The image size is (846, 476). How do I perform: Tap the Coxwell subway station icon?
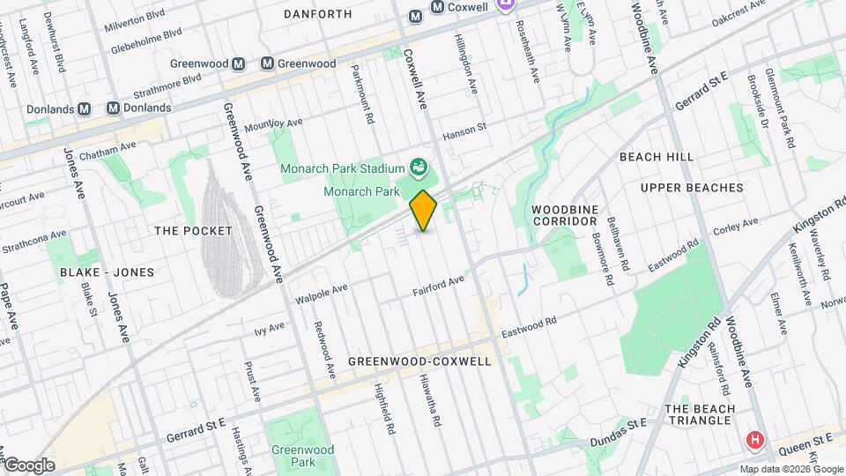coord(437,7)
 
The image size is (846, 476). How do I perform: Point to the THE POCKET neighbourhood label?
coord(193,231)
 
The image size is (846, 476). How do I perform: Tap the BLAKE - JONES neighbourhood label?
coord(107,272)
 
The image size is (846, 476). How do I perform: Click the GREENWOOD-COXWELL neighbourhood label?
coord(419,361)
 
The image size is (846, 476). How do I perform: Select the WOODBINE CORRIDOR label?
coord(565,215)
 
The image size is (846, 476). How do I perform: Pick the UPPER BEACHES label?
coord(692,188)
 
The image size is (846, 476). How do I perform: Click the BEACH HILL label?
coord(656,156)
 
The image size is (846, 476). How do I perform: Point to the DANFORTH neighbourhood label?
coord(318,14)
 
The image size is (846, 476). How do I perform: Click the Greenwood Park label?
coord(292,455)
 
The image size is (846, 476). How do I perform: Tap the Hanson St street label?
coord(464,129)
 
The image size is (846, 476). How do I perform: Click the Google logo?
coord(28,465)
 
